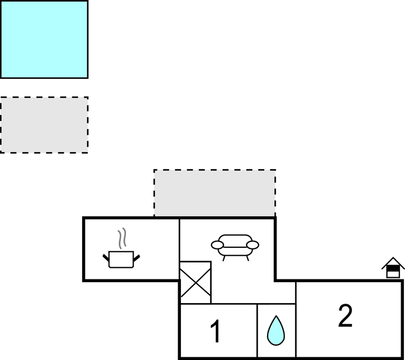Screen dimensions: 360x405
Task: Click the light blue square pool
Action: click(x=44, y=39)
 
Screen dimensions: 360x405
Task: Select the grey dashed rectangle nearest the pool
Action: click(x=44, y=125)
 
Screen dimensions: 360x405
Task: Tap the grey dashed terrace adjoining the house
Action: click(x=215, y=193)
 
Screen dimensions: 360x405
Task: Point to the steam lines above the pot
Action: click(x=124, y=239)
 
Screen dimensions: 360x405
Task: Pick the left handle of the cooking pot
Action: click(x=106, y=257)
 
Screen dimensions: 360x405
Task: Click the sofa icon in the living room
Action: click(x=235, y=246)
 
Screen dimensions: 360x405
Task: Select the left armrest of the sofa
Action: click(x=217, y=245)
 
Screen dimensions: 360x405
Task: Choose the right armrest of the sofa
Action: click(x=253, y=245)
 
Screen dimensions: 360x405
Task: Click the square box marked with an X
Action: click(x=196, y=282)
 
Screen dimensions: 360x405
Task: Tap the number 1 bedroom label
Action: click(x=216, y=332)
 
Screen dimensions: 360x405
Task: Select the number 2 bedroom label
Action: click(x=345, y=316)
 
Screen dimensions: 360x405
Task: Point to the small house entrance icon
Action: click(x=393, y=268)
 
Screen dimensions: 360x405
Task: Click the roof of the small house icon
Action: click(x=393, y=261)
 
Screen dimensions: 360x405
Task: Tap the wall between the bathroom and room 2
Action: click(x=296, y=320)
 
